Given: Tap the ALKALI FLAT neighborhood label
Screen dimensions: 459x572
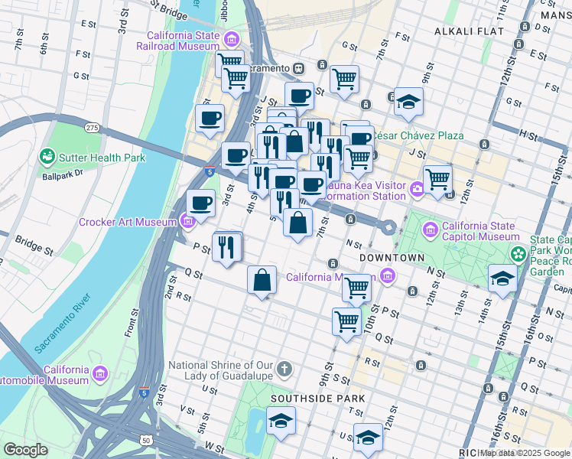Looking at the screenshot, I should pyautogui.click(x=469, y=31).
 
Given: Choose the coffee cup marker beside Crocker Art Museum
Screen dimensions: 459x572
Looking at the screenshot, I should pyautogui.click(x=200, y=203).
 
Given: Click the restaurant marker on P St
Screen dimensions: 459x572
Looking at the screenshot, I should pyautogui.click(x=228, y=246).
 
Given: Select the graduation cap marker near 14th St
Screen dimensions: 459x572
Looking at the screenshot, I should pyautogui.click(x=502, y=277).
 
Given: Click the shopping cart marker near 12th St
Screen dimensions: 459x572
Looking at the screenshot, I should pyautogui.click(x=437, y=179).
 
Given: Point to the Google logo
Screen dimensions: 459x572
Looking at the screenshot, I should pyautogui.click(x=25, y=450).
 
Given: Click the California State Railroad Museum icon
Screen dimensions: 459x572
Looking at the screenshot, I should pyautogui.click(x=229, y=39).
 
